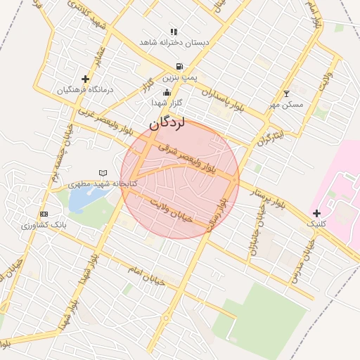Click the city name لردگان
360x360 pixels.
(x=166, y=123)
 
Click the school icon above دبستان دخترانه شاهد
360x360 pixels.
(x=174, y=32)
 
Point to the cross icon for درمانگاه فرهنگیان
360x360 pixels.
(x=86, y=79)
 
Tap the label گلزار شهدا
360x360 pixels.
(x=167, y=103)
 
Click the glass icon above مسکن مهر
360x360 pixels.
(x=285, y=94)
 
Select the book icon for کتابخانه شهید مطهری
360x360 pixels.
(x=103, y=173)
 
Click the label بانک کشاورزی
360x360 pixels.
(x=44, y=226)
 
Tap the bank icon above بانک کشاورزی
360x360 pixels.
(x=44, y=214)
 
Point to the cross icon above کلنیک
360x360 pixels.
(x=316, y=213)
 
